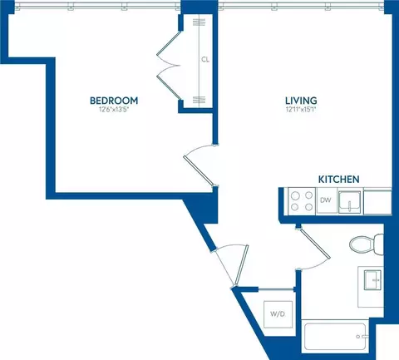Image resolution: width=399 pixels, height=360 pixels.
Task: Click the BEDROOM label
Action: (114, 101)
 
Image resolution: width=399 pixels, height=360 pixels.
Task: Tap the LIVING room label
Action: (301, 101)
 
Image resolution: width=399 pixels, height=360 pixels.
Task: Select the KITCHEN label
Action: (338, 180)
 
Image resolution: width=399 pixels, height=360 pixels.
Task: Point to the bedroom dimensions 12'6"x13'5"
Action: (114, 110)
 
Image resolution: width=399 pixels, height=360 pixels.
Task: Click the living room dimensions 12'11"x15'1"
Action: (301, 110)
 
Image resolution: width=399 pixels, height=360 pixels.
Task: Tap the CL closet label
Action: (205, 59)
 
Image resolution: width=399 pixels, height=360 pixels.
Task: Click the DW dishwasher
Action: (327, 200)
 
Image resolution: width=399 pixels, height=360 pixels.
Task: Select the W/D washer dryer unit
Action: (278, 314)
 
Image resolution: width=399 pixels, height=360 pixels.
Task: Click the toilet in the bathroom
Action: (367, 244)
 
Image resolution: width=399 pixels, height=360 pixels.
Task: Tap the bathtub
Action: (335, 336)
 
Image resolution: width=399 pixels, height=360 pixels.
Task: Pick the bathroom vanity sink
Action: (372, 280)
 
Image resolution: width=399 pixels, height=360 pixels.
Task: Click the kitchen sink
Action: (349, 202)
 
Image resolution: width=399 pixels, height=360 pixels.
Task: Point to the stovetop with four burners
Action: (302, 201)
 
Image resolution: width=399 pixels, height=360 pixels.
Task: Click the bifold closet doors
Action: (169, 66)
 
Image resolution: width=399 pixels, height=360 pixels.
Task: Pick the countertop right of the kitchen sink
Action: (377, 202)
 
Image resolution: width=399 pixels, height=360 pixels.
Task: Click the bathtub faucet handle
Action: (361, 337)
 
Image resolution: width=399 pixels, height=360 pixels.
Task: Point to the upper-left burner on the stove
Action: (295, 196)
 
